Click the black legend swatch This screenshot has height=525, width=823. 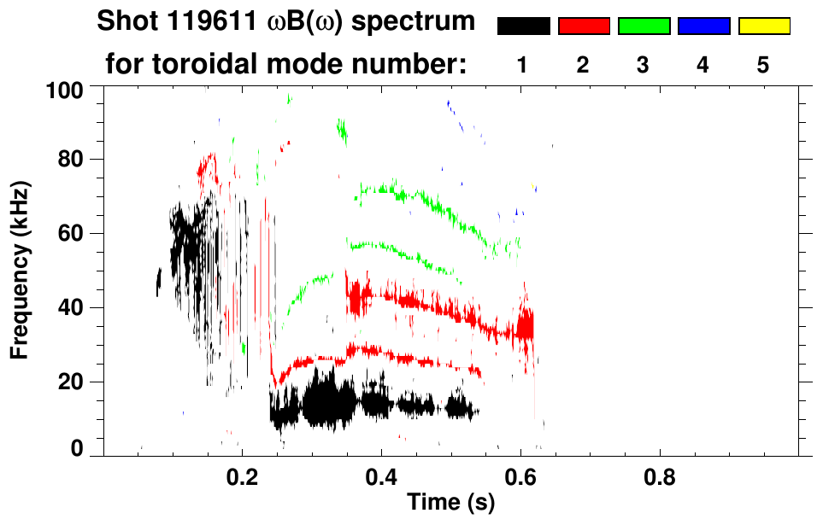coord(523,26)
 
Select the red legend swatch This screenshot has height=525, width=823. coord(584,26)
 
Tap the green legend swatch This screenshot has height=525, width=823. coord(644,26)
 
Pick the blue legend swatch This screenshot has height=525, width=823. coord(703,26)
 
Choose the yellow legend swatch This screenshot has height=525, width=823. coord(764,26)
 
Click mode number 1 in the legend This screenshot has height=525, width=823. coord(523,65)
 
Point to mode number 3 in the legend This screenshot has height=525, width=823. coord(644,65)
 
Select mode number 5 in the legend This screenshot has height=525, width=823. coord(764,65)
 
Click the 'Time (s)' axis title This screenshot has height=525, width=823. coord(450,503)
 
